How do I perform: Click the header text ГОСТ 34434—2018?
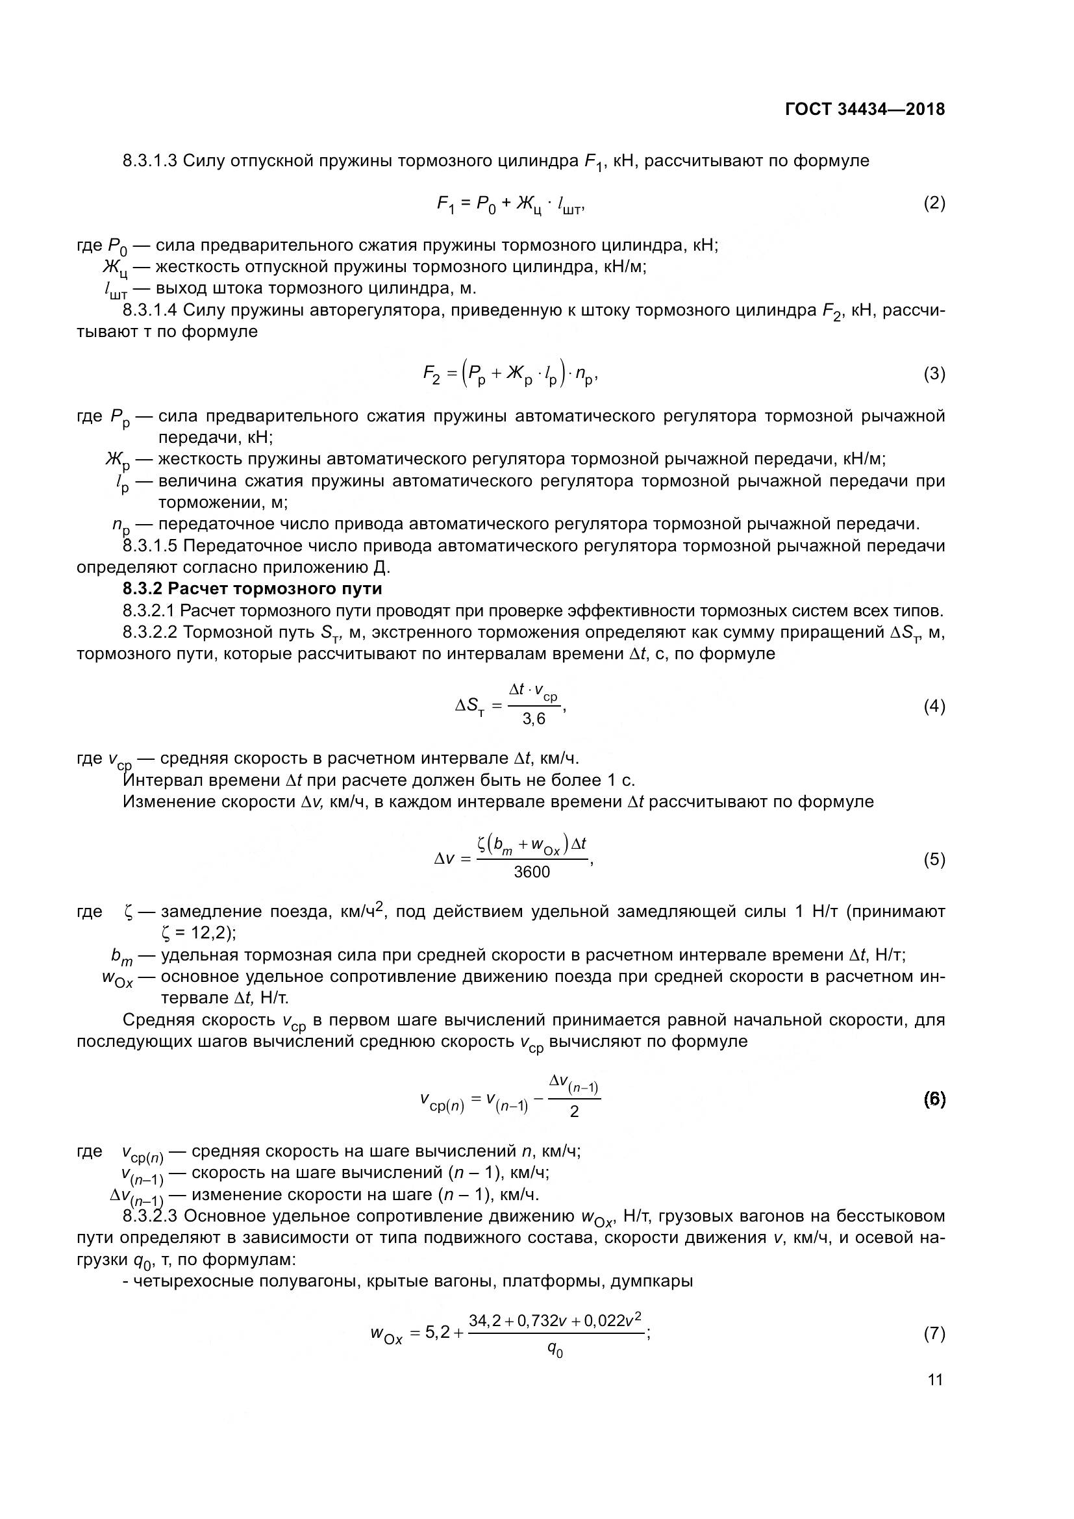(864, 109)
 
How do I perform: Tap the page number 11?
(935, 1379)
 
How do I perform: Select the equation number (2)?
(934, 203)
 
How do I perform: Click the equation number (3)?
(934, 375)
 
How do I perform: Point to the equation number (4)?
(934, 707)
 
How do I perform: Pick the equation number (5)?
(934, 859)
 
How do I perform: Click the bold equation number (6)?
(934, 1099)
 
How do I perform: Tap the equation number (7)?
(934, 1334)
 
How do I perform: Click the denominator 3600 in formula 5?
(532, 873)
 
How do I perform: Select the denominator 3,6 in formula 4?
(534, 719)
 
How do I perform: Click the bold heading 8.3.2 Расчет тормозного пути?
(253, 589)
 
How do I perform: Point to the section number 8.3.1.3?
(149, 161)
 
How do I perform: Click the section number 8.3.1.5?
(149, 546)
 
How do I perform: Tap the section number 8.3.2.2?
(149, 633)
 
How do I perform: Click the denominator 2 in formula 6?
(574, 1112)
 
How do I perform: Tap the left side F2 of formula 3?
(431, 376)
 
